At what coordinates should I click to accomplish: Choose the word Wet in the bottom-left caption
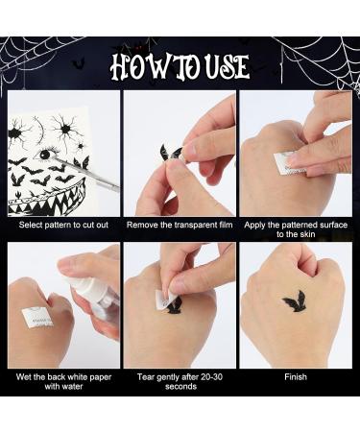coord(25,377)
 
